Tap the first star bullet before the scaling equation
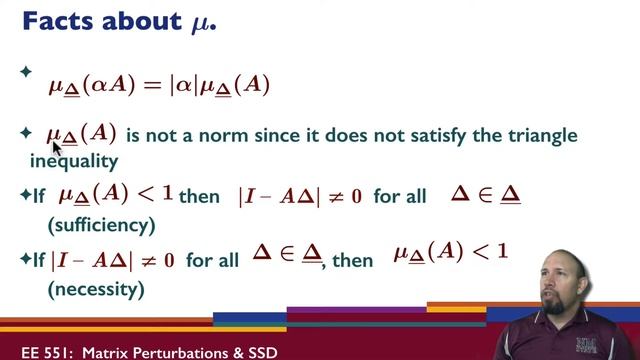(x=26, y=72)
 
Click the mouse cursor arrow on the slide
(x=56, y=147)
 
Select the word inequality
(x=74, y=160)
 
